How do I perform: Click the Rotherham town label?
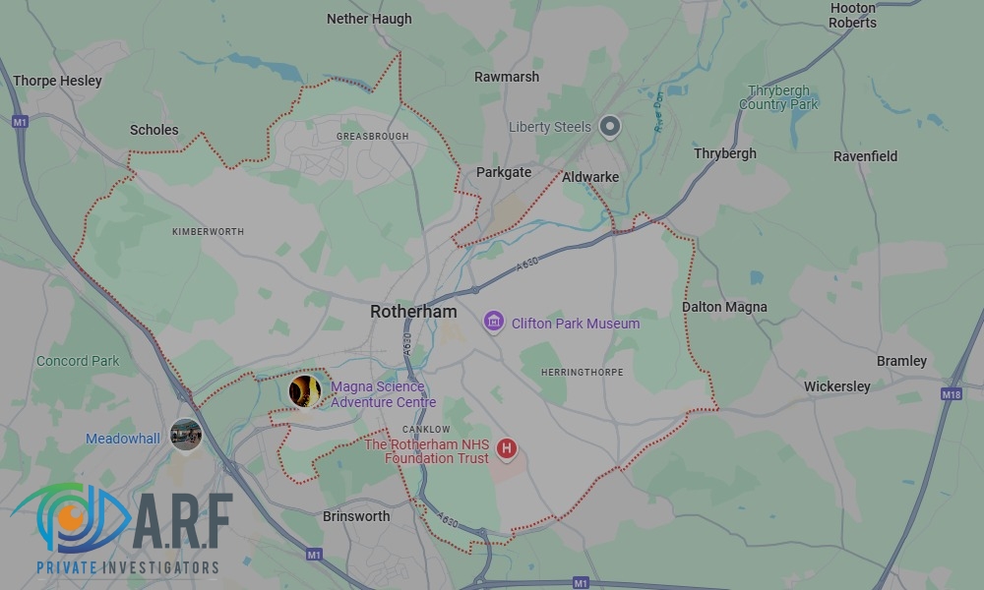tap(413, 311)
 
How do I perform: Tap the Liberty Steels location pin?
tap(611, 127)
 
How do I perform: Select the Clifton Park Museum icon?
tap(494, 322)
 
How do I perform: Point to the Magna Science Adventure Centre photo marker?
tap(304, 391)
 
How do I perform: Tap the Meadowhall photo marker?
tap(185, 433)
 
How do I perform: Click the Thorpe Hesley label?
tap(57, 81)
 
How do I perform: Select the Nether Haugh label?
tap(369, 19)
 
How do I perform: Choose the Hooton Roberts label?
tap(852, 15)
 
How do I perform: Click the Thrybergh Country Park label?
tap(778, 97)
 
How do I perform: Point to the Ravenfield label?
tap(865, 155)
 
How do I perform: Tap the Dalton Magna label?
tap(724, 307)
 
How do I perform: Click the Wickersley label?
tap(836, 386)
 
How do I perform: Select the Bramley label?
tap(901, 361)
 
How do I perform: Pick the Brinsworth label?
tap(356, 516)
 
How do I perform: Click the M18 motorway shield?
tap(951, 394)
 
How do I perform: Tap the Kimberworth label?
tap(208, 231)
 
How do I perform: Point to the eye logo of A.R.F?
tap(69, 518)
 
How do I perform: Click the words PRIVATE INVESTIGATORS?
tap(127, 568)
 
